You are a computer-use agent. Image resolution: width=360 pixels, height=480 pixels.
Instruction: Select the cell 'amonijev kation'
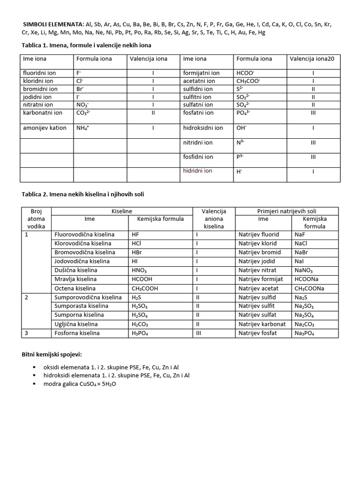click(45, 128)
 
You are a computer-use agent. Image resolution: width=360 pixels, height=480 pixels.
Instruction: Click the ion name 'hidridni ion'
click(197, 171)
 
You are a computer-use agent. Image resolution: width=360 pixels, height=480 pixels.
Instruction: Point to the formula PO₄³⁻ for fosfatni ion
click(245, 113)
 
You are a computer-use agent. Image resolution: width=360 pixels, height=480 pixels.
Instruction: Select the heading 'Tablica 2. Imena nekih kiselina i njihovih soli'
click(87, 195)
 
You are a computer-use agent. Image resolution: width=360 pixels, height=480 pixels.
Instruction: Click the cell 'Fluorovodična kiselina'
click(82, 234)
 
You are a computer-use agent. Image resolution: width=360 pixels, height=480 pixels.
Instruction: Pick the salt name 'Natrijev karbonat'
click(262, 324)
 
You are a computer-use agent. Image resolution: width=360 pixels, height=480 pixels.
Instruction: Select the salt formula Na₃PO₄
click(304, 333)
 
